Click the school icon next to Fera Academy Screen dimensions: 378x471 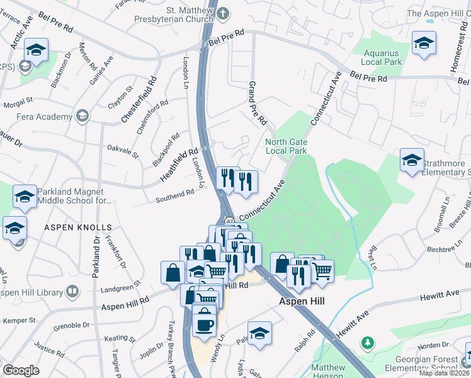tap(82, 116)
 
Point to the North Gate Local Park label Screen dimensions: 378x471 tap(287, 146)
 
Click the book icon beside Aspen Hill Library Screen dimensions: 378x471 tap(72, 292)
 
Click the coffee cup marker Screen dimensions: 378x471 tap(204, 324)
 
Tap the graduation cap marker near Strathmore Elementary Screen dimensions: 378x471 tap(412, 161)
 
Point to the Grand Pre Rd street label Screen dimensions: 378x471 tap(258, 103)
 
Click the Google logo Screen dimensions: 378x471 tap(21, 370)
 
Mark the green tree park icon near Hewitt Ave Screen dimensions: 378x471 tap(367, 343)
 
